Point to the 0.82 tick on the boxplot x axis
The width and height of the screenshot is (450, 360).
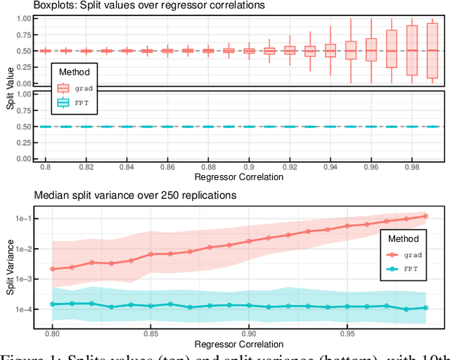pos(86,169)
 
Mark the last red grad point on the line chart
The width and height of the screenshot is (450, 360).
pos(425,216)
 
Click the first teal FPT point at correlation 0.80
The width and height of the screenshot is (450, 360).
pos(53,304)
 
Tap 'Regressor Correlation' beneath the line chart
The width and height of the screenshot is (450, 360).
pos(239,344)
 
